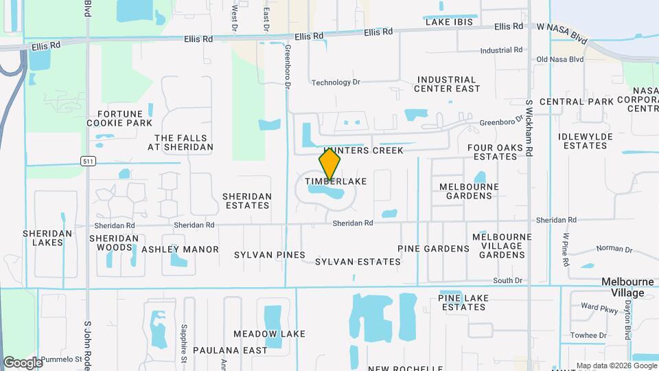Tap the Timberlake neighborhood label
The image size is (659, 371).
(336, 182)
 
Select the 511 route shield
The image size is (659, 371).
(87, 161)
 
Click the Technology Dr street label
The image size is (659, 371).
(336, 82)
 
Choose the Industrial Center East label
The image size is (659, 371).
(448, 84)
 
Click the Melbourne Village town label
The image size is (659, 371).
(623, 287)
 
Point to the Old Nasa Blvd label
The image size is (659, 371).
(560, 60)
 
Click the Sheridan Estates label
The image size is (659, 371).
(247, 201)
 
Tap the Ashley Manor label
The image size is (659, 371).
(180, 249)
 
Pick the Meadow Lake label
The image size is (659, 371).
(269, 334)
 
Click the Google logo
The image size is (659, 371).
(23, 362)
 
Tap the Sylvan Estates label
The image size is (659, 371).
(358, 262)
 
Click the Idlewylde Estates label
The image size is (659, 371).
(585, 141)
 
